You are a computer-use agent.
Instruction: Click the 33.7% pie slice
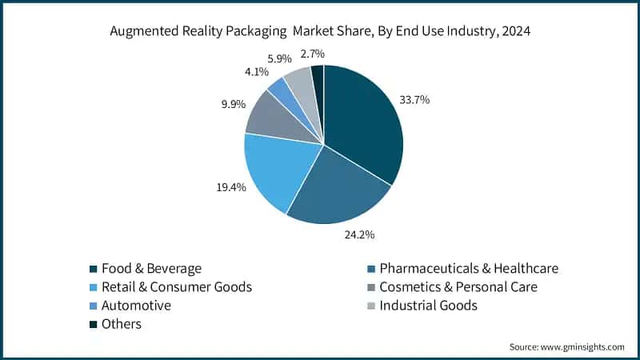point(364,124)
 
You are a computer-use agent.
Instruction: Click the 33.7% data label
point(414,100)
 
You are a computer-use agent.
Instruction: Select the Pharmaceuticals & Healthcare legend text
point(469,269)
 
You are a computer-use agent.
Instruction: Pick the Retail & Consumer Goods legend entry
point(176,287)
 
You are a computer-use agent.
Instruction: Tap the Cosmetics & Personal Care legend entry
point(458,287)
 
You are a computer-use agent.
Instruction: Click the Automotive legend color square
point(94,306)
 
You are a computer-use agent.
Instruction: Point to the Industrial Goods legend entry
point(428,306)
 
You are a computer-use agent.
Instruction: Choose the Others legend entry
point(121,324)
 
